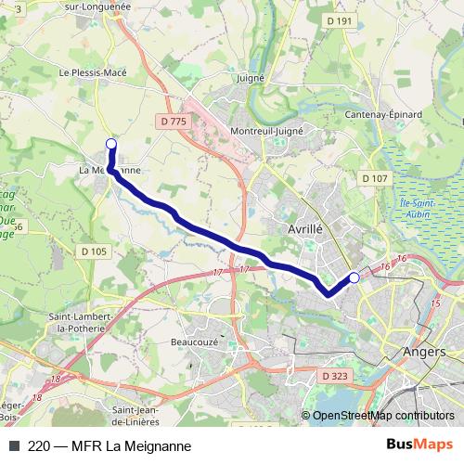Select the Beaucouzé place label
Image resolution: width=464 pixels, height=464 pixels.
194,342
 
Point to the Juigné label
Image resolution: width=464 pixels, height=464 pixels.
251,80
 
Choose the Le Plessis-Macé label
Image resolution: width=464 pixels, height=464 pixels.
91,71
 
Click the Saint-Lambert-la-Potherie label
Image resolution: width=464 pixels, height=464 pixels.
82,322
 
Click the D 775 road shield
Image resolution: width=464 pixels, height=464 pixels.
173,121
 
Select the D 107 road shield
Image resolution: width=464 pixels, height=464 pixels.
375,177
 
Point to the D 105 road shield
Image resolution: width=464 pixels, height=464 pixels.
94,251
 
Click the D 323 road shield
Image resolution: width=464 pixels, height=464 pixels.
336,376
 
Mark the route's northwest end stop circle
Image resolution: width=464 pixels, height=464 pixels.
111,143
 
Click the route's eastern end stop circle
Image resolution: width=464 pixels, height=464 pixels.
354,277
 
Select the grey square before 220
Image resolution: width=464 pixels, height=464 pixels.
13,445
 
